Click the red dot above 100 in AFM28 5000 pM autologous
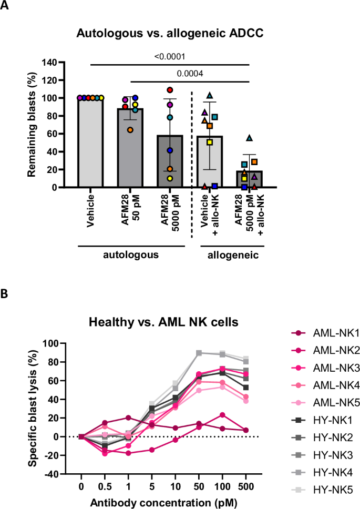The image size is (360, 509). [x=170, y=90]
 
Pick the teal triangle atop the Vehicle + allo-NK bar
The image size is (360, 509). [x=210, y=95]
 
